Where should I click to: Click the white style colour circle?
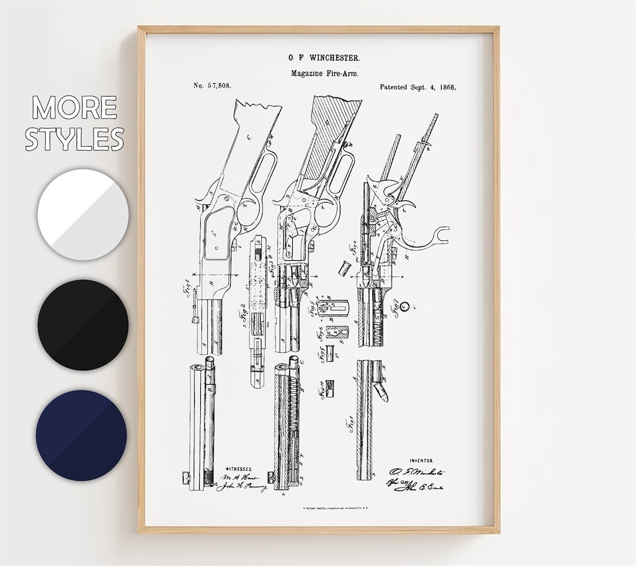(x=82, y=214)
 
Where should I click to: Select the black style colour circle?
(x=82, y=325)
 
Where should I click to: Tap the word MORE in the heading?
(x=74, y=108)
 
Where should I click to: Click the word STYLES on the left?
(x=74, y=138)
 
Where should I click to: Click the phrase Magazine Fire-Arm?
(x=324, y=73)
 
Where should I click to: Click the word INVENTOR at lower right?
(x=422, y=461)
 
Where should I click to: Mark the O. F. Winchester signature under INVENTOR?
(x=417, y=472)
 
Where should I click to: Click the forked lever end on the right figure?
(x=439, y=236)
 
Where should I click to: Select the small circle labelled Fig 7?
(x=403, y=306)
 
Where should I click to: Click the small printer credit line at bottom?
(x=317, y=507)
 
